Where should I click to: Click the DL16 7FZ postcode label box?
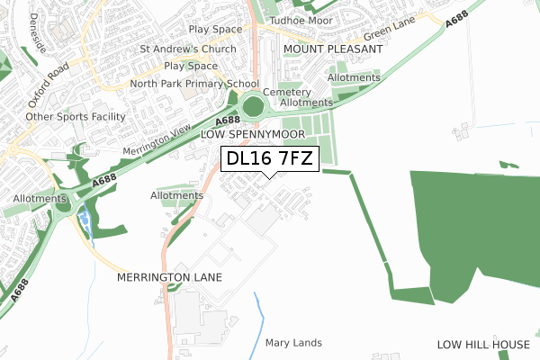268,159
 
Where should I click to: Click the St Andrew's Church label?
188,49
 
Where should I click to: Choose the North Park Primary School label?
194,84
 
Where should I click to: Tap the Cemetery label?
288,92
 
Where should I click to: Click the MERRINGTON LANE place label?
169,278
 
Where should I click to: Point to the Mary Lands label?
293,343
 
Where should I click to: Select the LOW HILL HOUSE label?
484,345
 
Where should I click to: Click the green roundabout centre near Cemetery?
254,106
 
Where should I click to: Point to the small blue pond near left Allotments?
85,216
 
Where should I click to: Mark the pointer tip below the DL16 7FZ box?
268,176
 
